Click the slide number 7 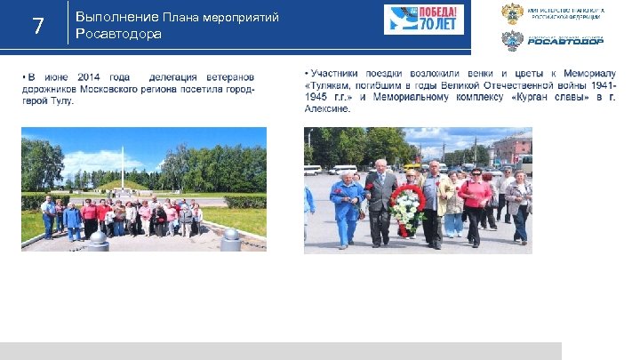pos(37,26)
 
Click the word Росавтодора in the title pos(119,34)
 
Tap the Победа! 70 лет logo pos(424,20)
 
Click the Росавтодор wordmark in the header pos(566,40)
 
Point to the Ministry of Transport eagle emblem pos(512,13)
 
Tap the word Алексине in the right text pos(327,108)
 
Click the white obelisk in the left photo pos(123,164)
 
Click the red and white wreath pos(407,210)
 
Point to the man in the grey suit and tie pos(380,200)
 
